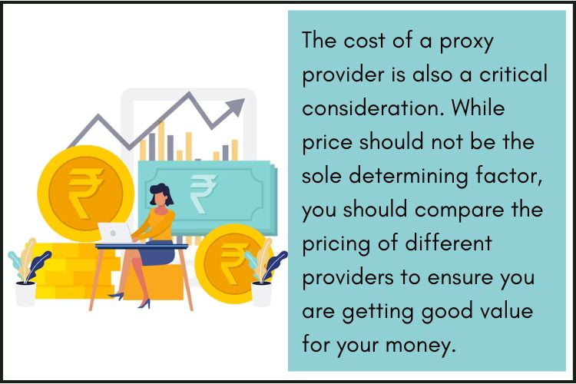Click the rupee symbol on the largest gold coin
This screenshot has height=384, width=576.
click(84, 192)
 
